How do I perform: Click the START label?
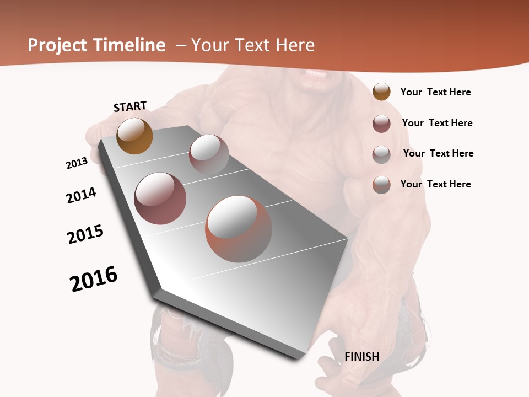(x=130, y=106)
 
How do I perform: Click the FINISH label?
(x=361, y=357)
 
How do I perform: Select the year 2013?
(x=77, y=163)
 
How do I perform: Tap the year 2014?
(x=81, y=196)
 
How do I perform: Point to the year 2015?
(x=85, y=234)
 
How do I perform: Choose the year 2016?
(x=94, y=279)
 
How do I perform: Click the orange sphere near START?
(x=134, y=136)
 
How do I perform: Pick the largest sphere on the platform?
(x=239, y=229)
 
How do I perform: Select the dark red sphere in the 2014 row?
(x=160, y=198)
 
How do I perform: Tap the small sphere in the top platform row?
(x=209, y=154)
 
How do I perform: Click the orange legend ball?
(x=381, y=92)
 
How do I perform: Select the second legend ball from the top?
(x=381, y=123)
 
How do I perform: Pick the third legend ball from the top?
(x=381, y=154)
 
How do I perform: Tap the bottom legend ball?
(x=381, y=184)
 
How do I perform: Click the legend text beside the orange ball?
(x=435, y=92)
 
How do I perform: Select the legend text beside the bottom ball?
(x=435, y=184)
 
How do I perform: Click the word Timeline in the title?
(x=130, y=45)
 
